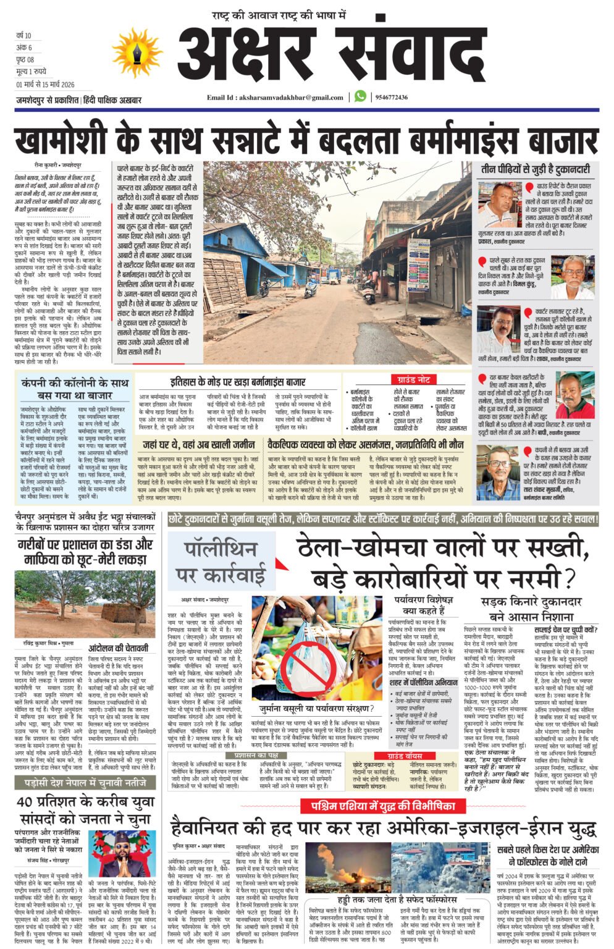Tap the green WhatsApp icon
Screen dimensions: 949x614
(360, 97)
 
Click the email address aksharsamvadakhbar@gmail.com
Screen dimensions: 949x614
(275, 98)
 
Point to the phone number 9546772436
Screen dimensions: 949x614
(391, 98)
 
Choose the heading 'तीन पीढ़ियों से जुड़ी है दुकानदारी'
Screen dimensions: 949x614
(536, 169)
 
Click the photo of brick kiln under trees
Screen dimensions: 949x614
(85, 605)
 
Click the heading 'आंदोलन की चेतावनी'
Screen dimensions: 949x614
(118, 647)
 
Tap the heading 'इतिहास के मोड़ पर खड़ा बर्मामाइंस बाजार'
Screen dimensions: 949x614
(237, 382)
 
